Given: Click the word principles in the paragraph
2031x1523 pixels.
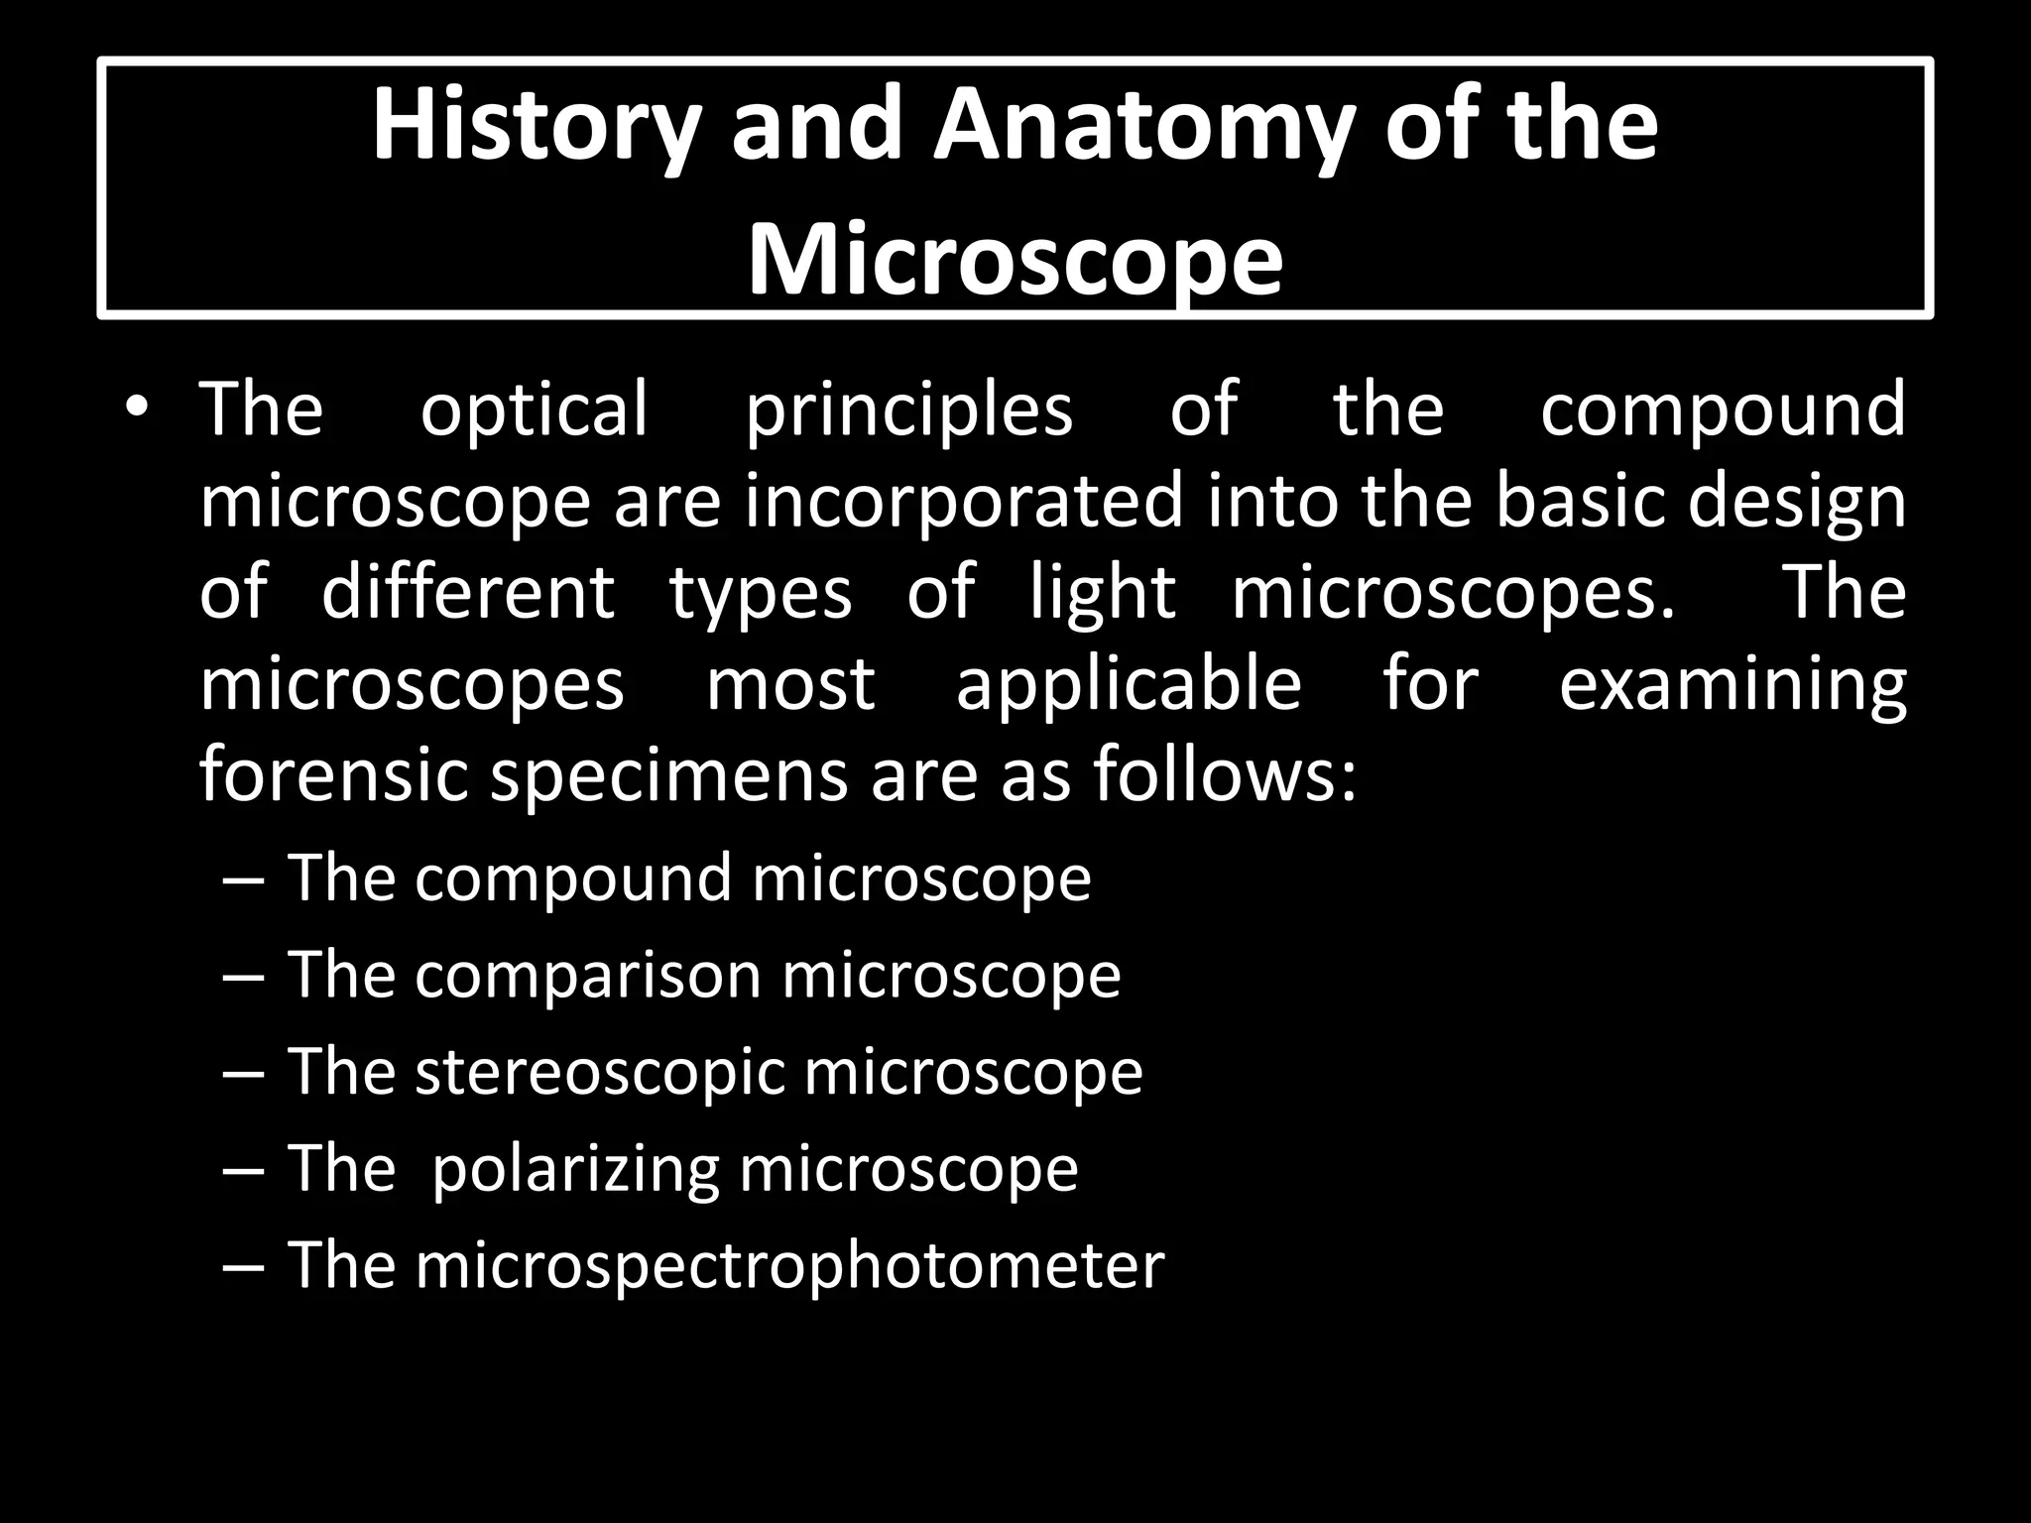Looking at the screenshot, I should coord(908,409).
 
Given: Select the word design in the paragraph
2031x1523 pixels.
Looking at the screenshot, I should coord(1797,501).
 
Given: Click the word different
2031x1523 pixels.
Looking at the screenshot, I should coord(468,592).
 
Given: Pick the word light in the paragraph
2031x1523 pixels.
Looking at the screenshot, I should coord(1103,592).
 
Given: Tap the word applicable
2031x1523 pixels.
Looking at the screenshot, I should coord(1129,684).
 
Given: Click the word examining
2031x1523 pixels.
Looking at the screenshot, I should coord(1732,684).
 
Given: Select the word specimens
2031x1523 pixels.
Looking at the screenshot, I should coord(669,775).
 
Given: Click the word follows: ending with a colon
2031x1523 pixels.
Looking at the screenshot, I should coord(1226,775).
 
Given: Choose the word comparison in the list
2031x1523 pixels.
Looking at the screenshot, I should coord(587,975).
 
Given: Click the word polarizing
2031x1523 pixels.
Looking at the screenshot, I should coord(575,1169).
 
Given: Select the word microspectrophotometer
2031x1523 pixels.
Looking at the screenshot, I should coord(789,1265).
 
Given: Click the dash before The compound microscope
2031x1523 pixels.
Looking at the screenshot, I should coord(244,879).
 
